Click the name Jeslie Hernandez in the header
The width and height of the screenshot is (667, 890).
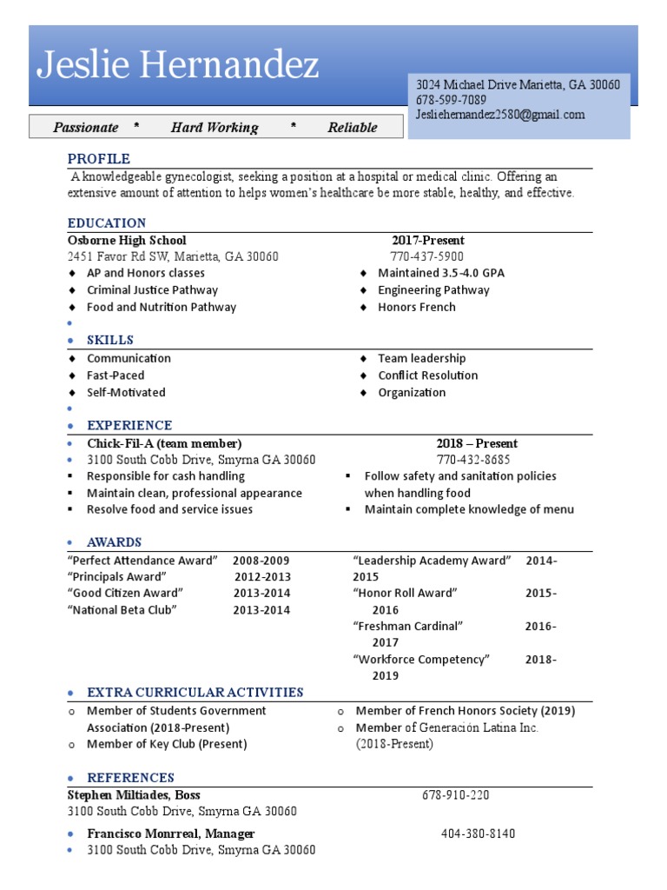[x=178, y=65]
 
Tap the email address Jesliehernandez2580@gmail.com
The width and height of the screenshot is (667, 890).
[x=500, y=115]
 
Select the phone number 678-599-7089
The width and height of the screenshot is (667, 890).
[x=451, y=100]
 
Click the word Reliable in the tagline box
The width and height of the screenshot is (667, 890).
[x=352, y=128]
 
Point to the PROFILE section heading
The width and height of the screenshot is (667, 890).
[x=99, y=159]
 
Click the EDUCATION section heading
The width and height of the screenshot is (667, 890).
[x=107, y=223]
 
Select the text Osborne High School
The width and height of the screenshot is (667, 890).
[x=127, y=240]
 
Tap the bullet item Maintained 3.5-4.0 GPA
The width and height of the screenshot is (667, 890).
[x=440, y=273]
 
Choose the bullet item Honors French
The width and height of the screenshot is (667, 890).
[x=416, y=307]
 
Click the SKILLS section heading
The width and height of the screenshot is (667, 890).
[x=109, y=340]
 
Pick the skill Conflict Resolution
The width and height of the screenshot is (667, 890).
[x=427, y=375]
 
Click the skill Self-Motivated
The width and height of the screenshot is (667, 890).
[x=126, y=392]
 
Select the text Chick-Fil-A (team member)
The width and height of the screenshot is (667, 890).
[x=164, y=443]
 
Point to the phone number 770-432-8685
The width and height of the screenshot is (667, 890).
[x=473, y=460]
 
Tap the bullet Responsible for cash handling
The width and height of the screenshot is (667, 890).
[x=165, y=476]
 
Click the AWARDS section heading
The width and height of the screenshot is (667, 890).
[x=114, y=542]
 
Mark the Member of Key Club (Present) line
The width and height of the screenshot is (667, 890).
[x=167, y=744]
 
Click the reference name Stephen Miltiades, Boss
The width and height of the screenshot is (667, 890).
[x=134, y=795]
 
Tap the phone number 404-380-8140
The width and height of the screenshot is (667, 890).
[x=478, y=834]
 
